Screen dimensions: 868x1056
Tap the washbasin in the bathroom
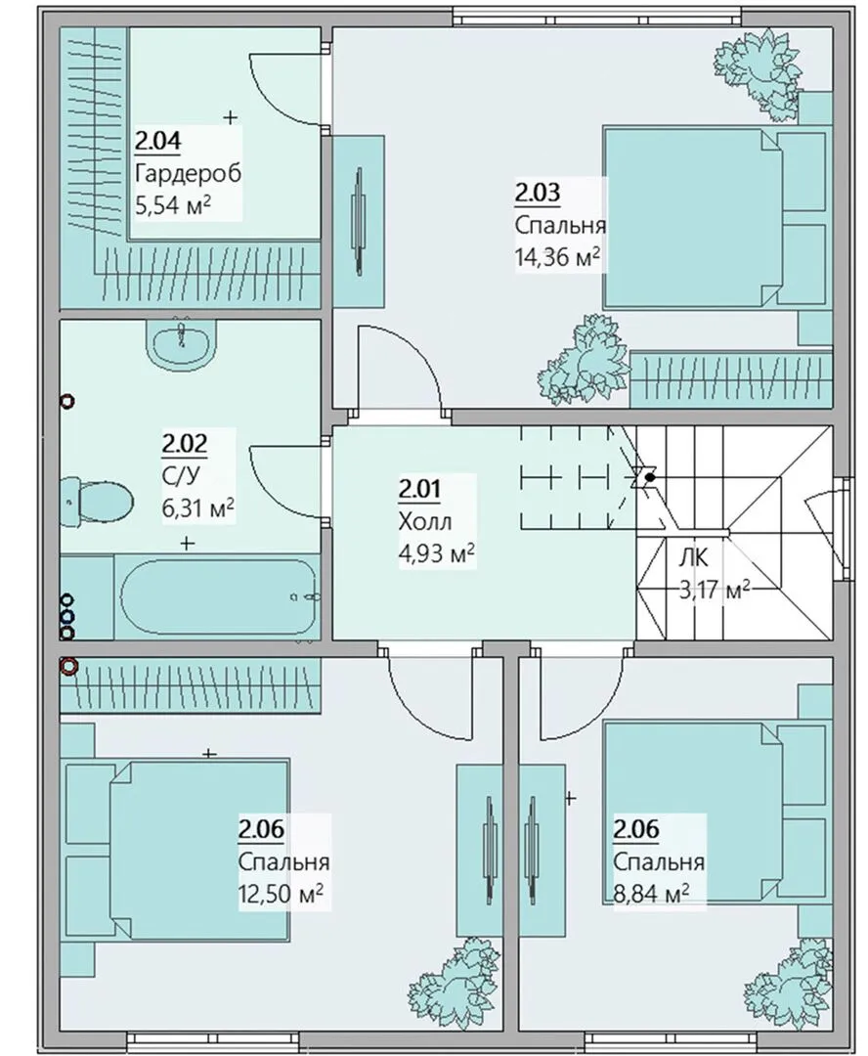[x=181, y=343]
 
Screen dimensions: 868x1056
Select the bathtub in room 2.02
[x=220, y=597]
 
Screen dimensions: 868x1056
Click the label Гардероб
[x=188, y=174]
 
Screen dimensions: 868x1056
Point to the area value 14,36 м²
[x=557, y=256]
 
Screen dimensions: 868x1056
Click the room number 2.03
[x=538, y=194]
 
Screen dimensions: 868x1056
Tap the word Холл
[x=425, y=521]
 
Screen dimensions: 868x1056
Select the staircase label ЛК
[x=693, y=558]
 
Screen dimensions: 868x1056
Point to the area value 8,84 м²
[x=650, y=894]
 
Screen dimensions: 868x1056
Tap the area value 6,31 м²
[x=198, y=507]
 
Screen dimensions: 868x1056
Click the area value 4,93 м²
[x=437, y=554]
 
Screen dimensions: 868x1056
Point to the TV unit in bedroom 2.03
[x=359, y=222]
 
